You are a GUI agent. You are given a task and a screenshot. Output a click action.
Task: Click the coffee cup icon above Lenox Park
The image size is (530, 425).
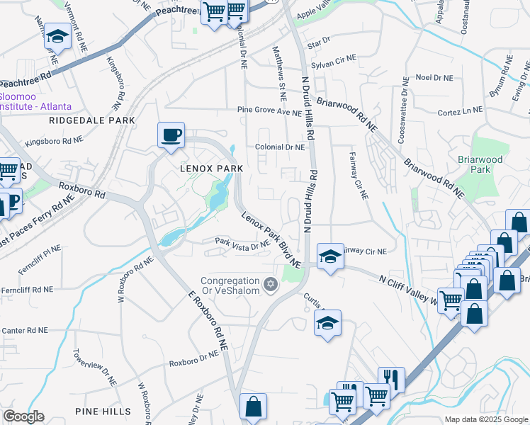pyautogui.click(x=171, y=135)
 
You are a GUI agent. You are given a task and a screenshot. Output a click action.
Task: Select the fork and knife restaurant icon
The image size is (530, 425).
pyautogui.click(x=390, y=379)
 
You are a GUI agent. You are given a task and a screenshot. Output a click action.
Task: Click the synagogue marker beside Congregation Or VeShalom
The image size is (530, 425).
pyautogui.click(x=269, y=284)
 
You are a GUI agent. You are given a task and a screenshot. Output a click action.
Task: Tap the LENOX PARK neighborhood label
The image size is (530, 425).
pyautogui.click(x=210, y=169)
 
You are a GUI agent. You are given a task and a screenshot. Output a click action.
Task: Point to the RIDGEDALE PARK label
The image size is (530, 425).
pyautogui.click(x=92, y=120)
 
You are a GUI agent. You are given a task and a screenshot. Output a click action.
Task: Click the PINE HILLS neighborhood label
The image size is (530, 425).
pyautogui.click(x=102, y=411)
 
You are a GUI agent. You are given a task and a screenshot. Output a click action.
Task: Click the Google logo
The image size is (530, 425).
pyautogui.click(x=23, y=416)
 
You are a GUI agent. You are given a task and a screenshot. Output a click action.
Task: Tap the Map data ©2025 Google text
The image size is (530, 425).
pyautogui.click(x=485, y=419)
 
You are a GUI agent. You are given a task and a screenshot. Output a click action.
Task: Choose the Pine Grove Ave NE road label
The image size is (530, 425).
pyautogui.click(x=269, y=112)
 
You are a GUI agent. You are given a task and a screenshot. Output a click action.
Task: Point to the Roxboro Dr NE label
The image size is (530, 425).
pyautogui.click(x=193, y=363)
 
